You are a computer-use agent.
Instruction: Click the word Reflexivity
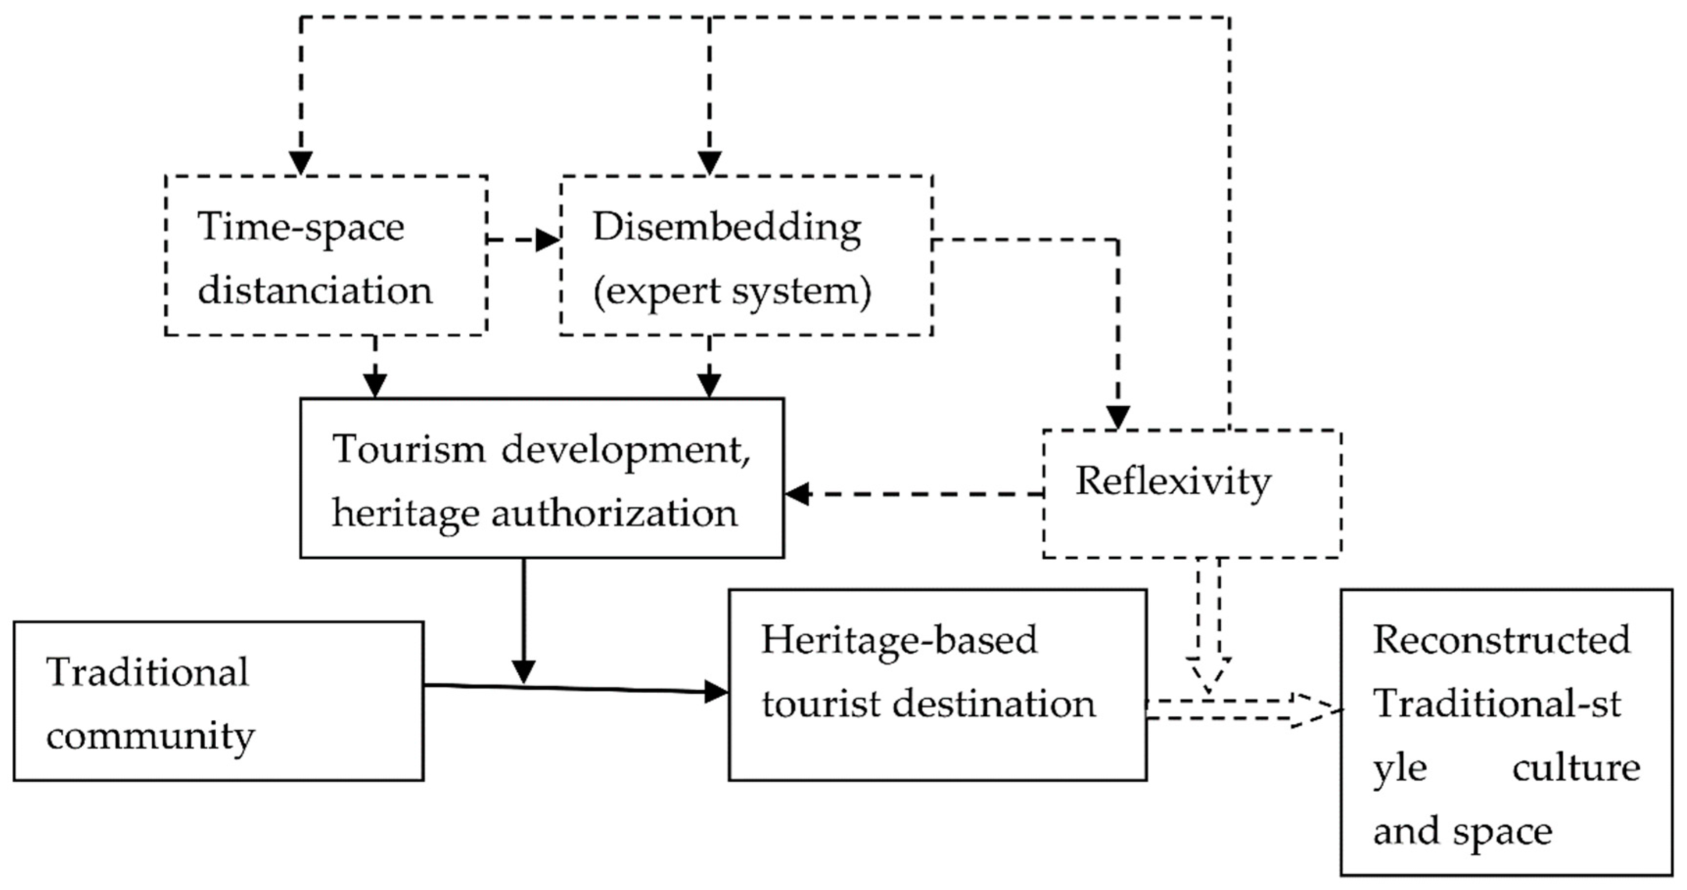coord(1172,482)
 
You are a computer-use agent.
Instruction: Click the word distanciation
coord(315,290)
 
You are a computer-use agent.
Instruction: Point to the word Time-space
coord(300,228)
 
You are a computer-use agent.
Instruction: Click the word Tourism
coord(409,450)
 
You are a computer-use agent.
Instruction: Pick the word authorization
coord(615,513)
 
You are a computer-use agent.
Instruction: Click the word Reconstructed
coord(1501,640)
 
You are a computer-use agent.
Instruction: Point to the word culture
coord(1575,768)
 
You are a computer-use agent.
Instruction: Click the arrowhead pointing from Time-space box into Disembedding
coord(547,240)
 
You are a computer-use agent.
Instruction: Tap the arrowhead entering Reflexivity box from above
coord(1118,417)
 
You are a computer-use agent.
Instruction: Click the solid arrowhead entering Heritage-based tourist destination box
coord(715,691)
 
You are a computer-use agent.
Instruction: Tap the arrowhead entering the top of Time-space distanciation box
coord(300,163)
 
